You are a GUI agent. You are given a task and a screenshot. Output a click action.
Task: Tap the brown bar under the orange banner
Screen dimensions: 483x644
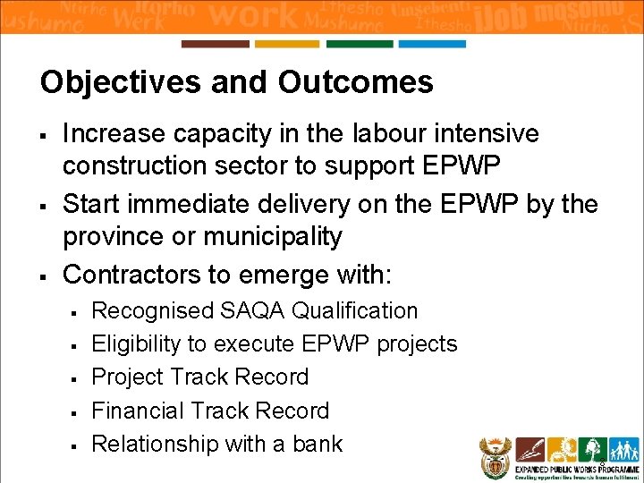pos(215,44)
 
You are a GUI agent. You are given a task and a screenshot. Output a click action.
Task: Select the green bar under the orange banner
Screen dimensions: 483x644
pos(360,44)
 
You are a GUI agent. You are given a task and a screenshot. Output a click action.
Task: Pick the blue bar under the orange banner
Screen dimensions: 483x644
pos(432,44)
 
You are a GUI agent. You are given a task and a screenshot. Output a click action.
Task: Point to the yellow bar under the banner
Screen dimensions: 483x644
pos(287,44)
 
